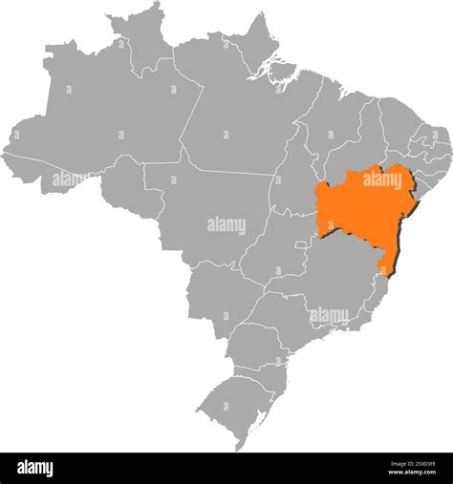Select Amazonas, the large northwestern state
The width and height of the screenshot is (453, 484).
(x=105, y=115)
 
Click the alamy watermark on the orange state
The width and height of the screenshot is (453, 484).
(x=382, y=179)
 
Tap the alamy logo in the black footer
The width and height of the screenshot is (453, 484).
(x=34, y=469)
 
